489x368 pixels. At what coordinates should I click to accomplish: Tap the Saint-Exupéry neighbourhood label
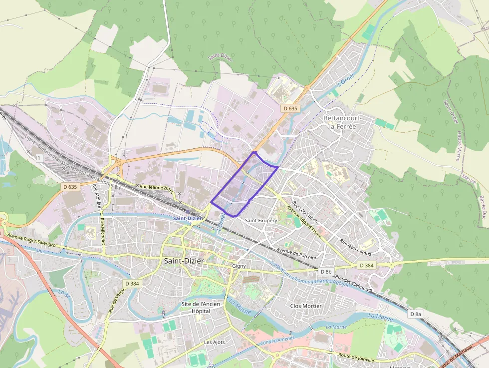pos(260,220)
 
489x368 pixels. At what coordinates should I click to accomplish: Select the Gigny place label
pos(239,266)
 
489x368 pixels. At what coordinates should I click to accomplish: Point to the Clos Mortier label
pos(306,306)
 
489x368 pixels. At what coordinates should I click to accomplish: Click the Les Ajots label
pos(215,342)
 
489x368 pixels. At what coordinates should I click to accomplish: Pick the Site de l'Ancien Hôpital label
pos(196,307)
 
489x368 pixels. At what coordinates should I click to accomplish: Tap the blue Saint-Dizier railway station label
pos(188,218)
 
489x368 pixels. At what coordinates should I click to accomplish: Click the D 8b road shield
pos(325,272)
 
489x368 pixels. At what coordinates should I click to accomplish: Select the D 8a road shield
pos(416,314)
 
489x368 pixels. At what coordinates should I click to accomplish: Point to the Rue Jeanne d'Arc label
pos(156,189)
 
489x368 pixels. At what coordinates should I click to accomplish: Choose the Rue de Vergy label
pos(116,300)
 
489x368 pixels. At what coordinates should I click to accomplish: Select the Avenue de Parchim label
pos(297,253)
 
